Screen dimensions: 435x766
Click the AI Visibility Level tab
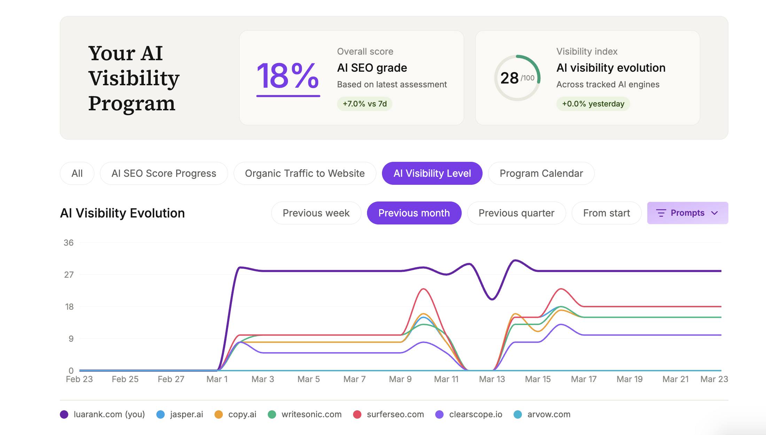[432, 173]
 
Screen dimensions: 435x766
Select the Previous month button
[414, 213]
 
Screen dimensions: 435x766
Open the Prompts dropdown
[687, 213]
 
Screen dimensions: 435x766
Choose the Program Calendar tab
[541, 173]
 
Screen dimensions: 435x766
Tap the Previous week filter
[316, 213]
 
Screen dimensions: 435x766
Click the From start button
[606, 213]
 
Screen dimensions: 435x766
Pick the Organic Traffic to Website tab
[305, 173]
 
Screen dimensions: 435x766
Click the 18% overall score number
[288, 76]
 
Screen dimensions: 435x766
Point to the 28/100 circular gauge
[517, 78]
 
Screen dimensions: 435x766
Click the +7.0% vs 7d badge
[365, 104]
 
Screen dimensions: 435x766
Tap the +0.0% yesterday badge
[593, 104]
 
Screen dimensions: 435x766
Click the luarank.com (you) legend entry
[102, 414]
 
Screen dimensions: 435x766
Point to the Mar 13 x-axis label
[492, 379]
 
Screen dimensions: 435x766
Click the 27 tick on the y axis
[69, 275]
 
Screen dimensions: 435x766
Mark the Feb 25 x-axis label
[125, 379]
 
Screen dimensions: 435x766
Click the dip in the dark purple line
[492, 299]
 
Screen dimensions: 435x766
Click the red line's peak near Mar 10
[423, 289]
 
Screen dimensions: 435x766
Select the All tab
[77, 173]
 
